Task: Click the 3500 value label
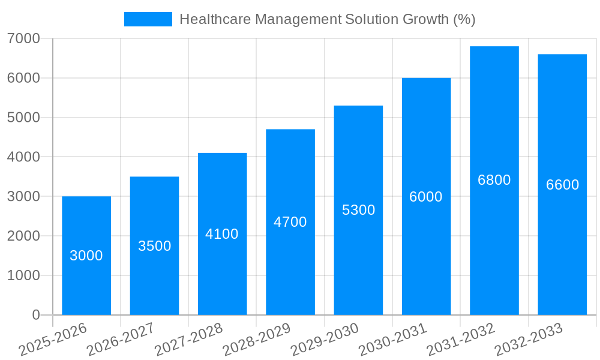tap(155, 246)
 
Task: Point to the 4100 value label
tap(222, 234)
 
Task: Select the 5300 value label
tap(358, 210)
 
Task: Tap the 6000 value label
tap(426, 197)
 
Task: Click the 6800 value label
tap(494, 180)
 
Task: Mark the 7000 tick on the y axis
tap(24, 39)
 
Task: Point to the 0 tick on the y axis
tap(36, 315)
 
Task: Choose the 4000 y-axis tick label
tap(24, 157)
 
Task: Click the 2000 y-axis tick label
tap(24, 236)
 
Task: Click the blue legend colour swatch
tap(148, 19)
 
